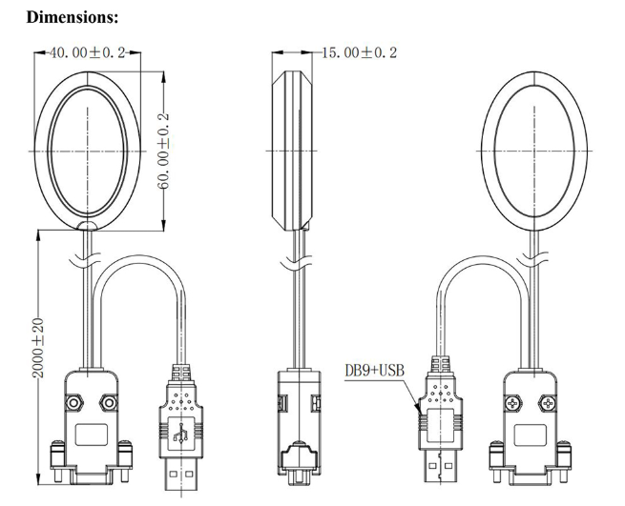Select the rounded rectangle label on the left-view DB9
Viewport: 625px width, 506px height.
tap(92, 435)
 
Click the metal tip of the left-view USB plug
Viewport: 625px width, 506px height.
tap(181, 475)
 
